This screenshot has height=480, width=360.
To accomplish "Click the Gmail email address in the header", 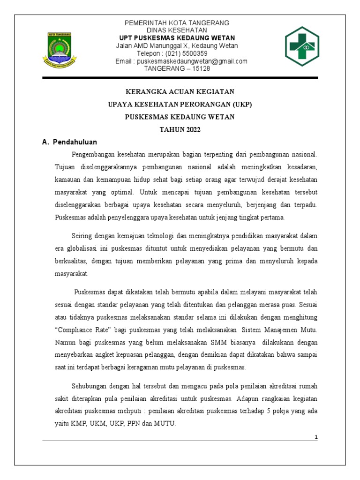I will pyautogui.click(x=192, y=61).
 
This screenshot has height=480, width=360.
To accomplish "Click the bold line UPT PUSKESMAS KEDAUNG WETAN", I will pyautogui.click(x=176, y=38).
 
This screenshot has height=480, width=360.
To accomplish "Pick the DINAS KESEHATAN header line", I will pyautogui.click(x=176, y=30).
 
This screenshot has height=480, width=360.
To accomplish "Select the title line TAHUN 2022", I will pyautogui.click(x=180, y=130).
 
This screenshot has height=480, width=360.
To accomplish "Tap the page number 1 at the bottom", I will pyautogui.click(x=316, y=437).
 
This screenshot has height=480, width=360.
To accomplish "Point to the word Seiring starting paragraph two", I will pyautogui.click(x=82, y=235).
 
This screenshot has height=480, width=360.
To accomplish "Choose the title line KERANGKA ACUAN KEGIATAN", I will pyautogui.click(x=180, y=91).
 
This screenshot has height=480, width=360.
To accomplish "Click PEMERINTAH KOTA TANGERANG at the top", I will pyautogui.click(x=176, y=23).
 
